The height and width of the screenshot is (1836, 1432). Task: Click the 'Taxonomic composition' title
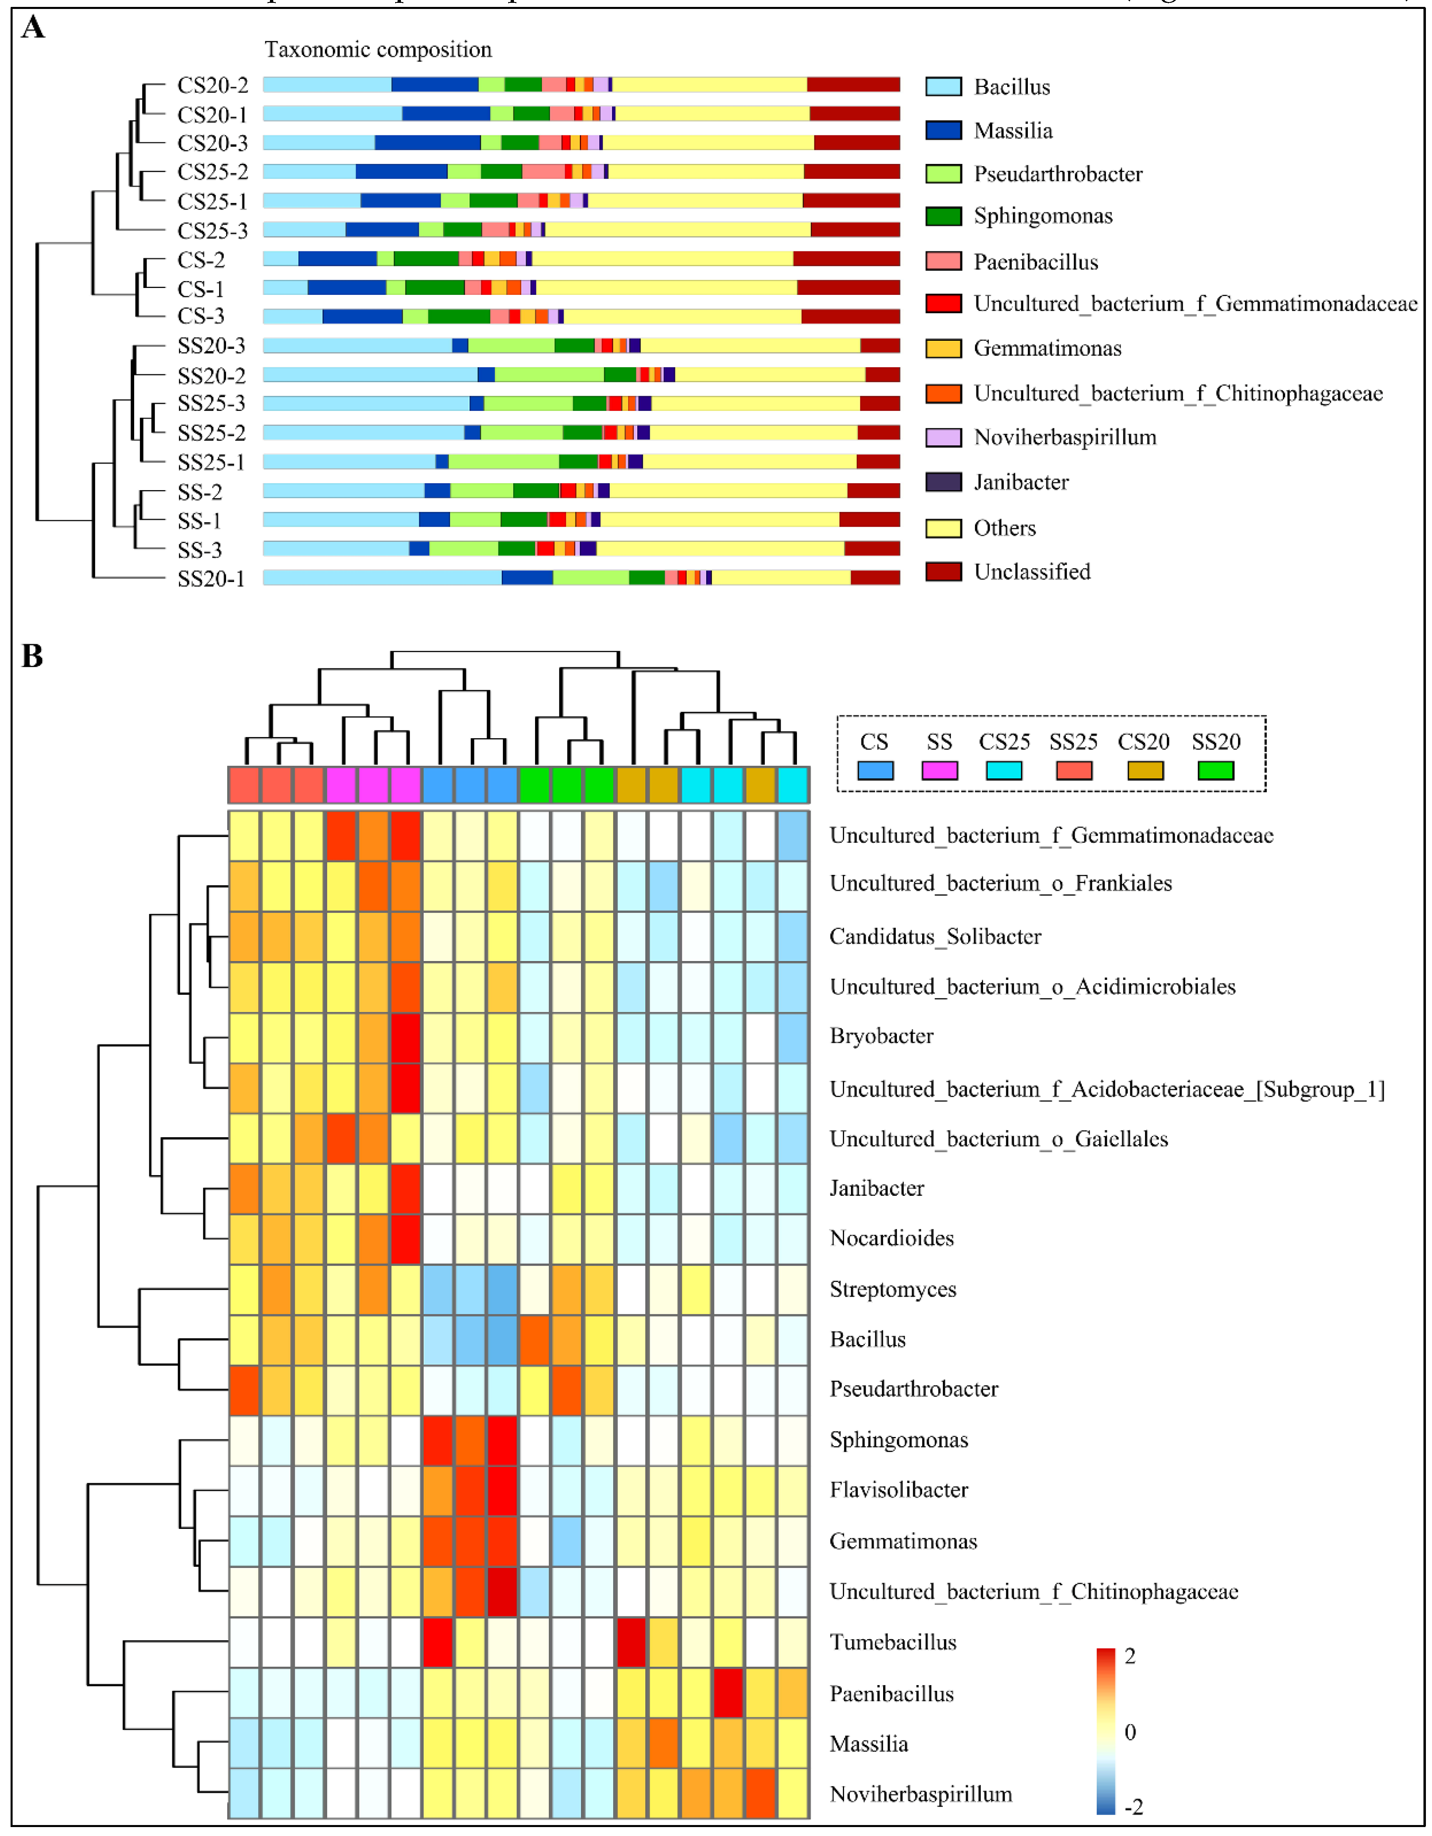tap(378, 50)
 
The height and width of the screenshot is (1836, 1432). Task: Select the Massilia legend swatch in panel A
tap(943, 130)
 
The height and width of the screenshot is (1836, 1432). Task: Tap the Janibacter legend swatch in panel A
tap(943, 482)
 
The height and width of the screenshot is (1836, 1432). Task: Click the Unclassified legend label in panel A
tap(1032, 571)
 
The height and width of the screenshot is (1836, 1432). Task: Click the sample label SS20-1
tap(211, 578)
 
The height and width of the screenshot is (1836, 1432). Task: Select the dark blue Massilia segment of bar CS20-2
tap(435, 84)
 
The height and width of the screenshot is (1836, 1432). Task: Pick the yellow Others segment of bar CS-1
tap(666, 288)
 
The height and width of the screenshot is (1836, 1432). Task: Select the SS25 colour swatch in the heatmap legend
tap(1073, 770)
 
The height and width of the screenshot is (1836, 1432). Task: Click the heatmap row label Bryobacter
tap(881, 1036)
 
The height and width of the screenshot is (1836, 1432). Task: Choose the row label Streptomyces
tap(892, 1289)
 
